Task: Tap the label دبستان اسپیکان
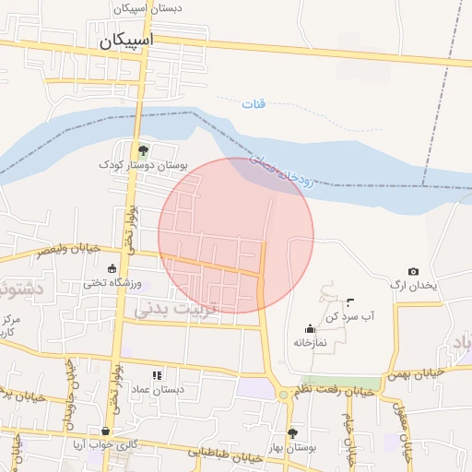(x=148, y=7)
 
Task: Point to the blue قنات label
(x=254, y=103)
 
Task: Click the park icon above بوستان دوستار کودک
(x=142, y=150)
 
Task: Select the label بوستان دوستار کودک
(x=144, y=166)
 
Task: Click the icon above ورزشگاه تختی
(x=112, y=269)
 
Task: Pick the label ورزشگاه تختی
(x=112, y=284)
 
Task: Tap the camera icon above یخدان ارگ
(x=413, y=271)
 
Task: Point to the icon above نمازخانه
(x=310, y=328)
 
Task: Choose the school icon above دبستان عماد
(x=157, y=375)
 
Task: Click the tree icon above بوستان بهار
(x=292, y=432)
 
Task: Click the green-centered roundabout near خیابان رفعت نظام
(x=282, y=395)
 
